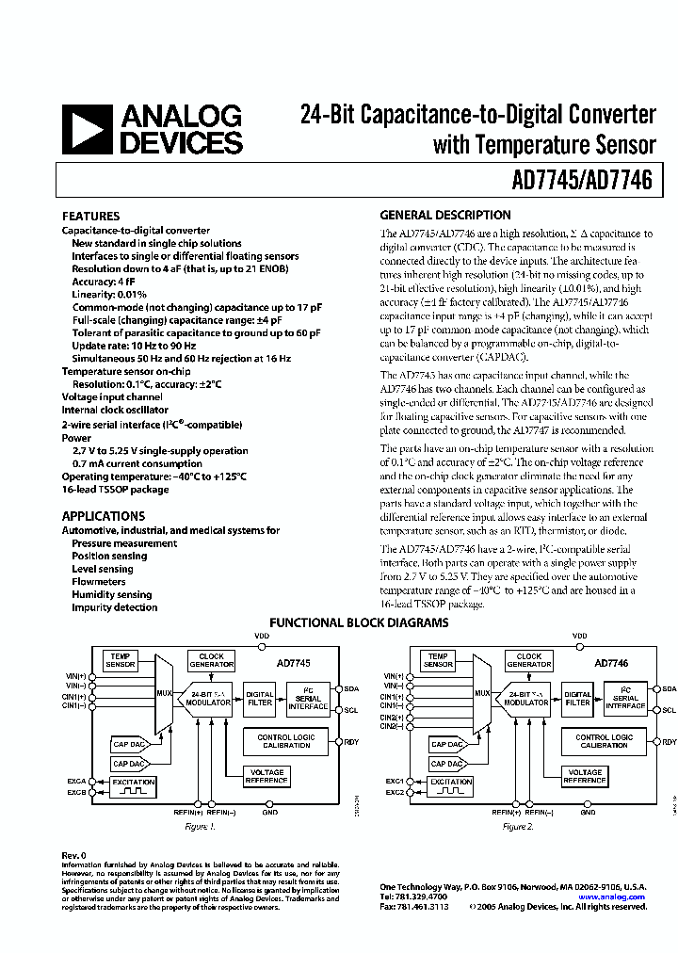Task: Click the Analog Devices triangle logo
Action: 87,129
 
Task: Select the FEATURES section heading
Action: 90,216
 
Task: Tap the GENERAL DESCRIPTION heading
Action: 444,215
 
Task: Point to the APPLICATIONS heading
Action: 104,516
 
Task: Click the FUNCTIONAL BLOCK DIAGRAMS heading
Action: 359,622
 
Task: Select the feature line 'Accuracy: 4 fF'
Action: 103,282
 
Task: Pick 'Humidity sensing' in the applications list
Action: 111,594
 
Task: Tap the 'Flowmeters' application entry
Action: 98,582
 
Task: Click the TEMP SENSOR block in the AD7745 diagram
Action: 121,660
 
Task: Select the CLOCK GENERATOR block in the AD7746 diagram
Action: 529,660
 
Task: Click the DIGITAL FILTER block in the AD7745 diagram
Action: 259,698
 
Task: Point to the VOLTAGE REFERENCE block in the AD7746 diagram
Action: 584,776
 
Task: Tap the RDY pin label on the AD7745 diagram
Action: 351,741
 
